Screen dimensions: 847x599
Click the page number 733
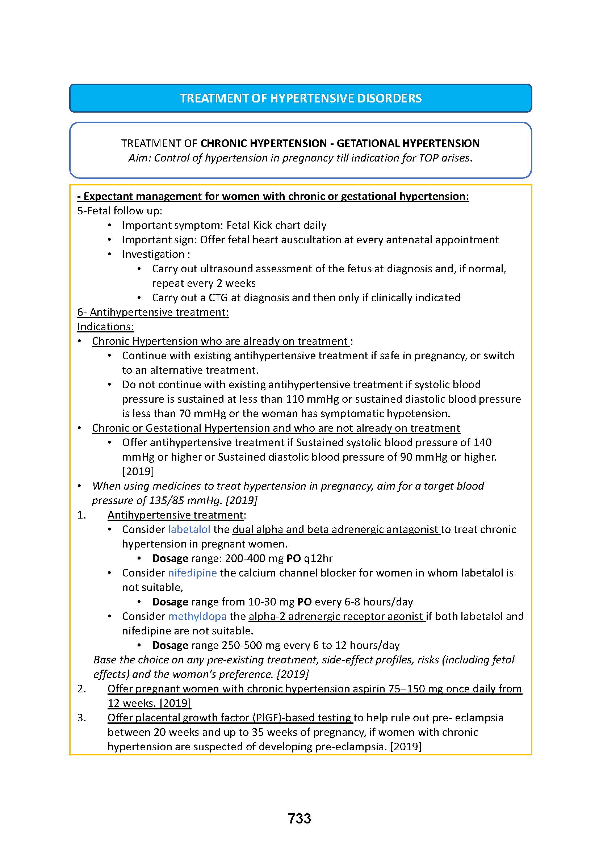[x=299, y=818]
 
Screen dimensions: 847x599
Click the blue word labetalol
[x=189, y=529]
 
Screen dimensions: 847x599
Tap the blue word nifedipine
[x=192, y=573]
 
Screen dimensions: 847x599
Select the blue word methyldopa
[x=197, y=616]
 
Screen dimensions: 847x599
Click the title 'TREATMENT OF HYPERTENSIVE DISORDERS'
[x=301, y=98]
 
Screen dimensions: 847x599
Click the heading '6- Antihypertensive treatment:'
[x=153, y=312]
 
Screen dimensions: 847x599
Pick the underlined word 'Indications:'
[x=105, y=327]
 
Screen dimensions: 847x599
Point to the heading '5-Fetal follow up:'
[x=120, y=211]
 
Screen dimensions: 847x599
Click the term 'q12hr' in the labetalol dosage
[x=318, y=558]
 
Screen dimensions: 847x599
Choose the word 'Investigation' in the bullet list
[x=153, y=254]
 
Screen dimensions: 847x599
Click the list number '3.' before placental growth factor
[x=81, y=717]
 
